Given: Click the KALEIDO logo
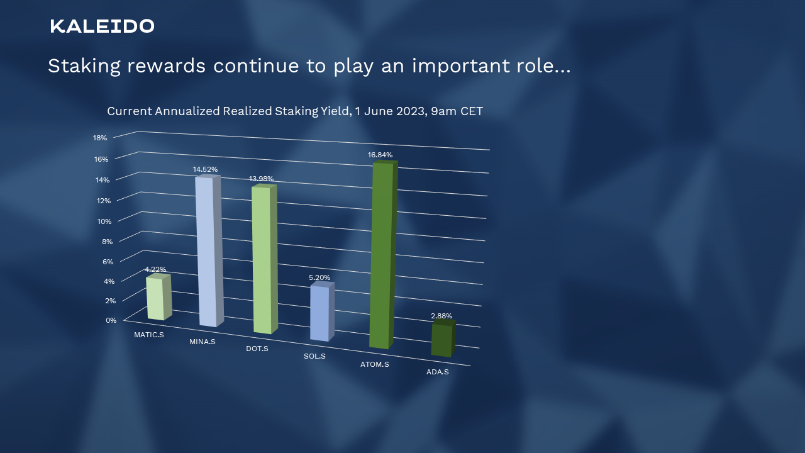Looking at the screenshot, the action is tap(103, 26).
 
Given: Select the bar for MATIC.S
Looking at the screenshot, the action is tap(159, 297).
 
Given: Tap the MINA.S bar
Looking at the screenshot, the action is tap(209, 251).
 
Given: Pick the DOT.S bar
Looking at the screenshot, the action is tap(265, 259).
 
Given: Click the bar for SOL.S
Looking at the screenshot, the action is tap(323, 311).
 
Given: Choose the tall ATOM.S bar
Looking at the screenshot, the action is tap(384, 255).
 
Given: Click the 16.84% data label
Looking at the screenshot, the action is tap(380, 155).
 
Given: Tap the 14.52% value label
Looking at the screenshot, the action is tap(205, 169).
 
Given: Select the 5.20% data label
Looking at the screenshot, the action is tap(319, 277).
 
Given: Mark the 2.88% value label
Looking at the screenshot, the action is tap(441, 316).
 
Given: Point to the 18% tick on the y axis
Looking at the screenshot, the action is tap(100, 138).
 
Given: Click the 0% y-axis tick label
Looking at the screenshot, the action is tap(111, 320).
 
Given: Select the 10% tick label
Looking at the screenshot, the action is tap(104, 221).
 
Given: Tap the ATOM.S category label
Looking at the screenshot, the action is tap(375, 364).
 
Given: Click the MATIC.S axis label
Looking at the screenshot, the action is tap(149, 335).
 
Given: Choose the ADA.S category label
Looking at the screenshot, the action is tap(438, 372).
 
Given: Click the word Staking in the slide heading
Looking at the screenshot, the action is tap(84, 66).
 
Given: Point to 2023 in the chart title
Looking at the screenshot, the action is tap(411, 111).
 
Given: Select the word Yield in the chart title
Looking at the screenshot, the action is tap(335, 111).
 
